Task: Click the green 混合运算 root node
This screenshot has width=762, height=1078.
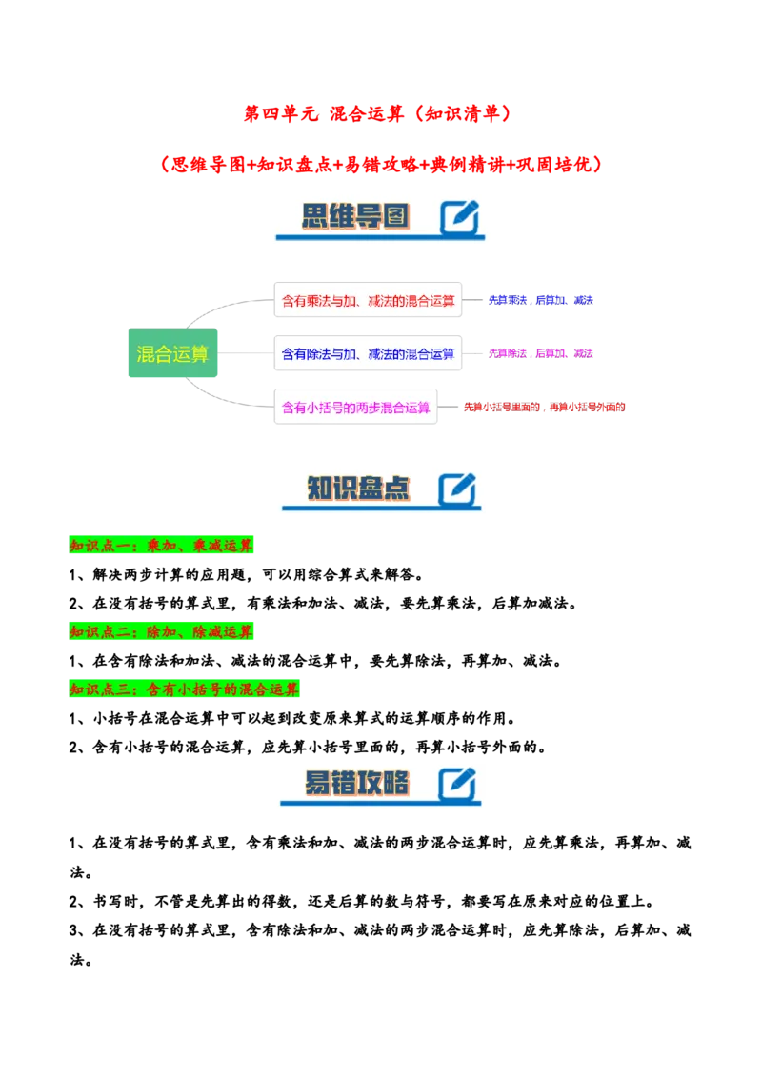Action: pyautogui.click(x=171, y=354)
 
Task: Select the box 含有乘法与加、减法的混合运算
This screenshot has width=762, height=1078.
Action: pyautogui.click(x=368, y=300)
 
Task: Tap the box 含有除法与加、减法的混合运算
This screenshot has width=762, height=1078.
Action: pyautogui.click(x=368, y=353)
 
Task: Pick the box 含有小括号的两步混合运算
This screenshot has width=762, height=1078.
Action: pyautogui.click(x=356, y=408)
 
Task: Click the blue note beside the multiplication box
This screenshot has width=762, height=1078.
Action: pyautogui.click(x=541, y=300)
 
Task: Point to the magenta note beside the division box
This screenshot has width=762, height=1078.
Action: pyautogui.click(x=541, y=353)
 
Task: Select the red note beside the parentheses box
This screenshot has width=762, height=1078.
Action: pyautogui.click(x=544, y=408)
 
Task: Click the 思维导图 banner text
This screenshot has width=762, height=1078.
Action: pyautogui.click(x=354, y=216)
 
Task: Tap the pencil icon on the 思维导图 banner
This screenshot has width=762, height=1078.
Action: pyautogui.click(x=459, y=217)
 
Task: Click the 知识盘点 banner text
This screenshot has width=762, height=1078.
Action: pyautogui.click(x=357, y=489)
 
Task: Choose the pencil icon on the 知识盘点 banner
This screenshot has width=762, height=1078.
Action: pyautogui.click(x=457, y=489)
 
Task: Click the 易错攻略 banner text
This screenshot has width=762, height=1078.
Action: pyautogui.click(x=357, y=784)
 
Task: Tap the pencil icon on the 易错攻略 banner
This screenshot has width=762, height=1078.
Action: pyautogui.click(x=457, y=785)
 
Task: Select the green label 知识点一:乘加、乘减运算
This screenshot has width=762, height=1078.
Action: pyautogui.click(x=163, y=546)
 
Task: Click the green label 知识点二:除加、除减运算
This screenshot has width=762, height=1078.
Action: pyautogui.click(x=163, y=632)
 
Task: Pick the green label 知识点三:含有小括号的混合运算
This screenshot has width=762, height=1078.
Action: pyautogui.click(x=186, y=689)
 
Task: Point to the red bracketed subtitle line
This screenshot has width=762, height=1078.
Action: pyautogui.click(x=381, y=164)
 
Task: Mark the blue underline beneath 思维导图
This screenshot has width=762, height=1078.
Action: pyautogui.click(x=381, y=237)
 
